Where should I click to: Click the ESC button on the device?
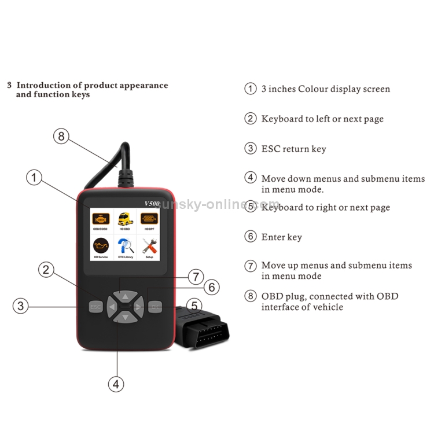95,306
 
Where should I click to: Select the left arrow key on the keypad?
112,306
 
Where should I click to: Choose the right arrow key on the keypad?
138,306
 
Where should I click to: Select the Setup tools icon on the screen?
149,247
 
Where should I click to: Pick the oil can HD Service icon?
100,247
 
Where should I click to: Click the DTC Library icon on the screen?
125,247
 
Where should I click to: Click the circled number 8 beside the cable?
61,137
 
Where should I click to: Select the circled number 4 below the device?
117,384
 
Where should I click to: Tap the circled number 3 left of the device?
21,306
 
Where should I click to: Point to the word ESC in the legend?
270,149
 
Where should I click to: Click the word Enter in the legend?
274,237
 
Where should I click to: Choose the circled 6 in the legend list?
251,237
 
